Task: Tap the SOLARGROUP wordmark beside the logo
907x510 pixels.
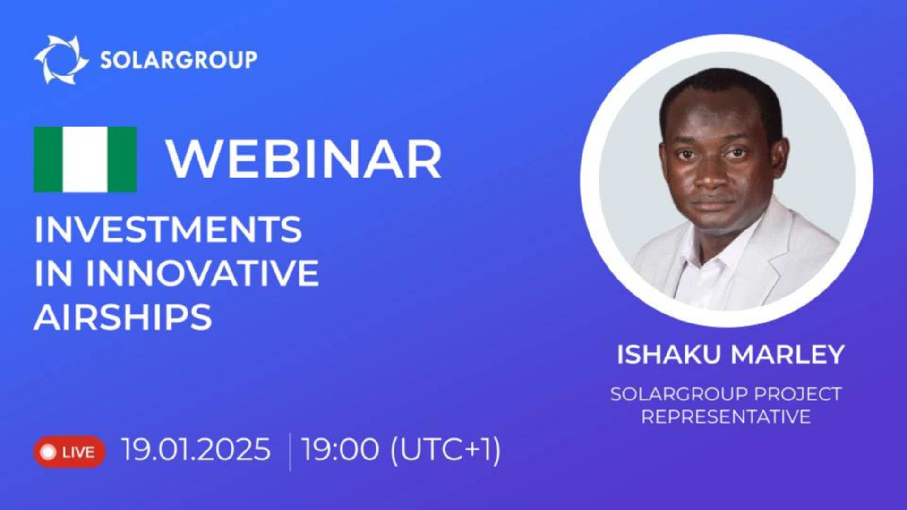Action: pos(179,60)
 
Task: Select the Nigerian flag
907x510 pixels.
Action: pos(86,159)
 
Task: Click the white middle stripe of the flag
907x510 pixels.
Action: pos(86,159)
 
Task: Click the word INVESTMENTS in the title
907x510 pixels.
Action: pos(168,229)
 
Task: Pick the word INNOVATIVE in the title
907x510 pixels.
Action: pos(203,273)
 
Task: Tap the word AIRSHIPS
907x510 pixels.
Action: pos(123,316)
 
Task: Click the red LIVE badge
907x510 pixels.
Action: pos(69,452)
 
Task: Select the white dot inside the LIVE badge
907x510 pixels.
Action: pos(49,452)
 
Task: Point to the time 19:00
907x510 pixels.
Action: pos(340,449)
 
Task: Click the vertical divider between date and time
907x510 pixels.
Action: pos(290,452)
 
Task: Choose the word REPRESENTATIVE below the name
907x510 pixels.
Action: pos(726,416)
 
